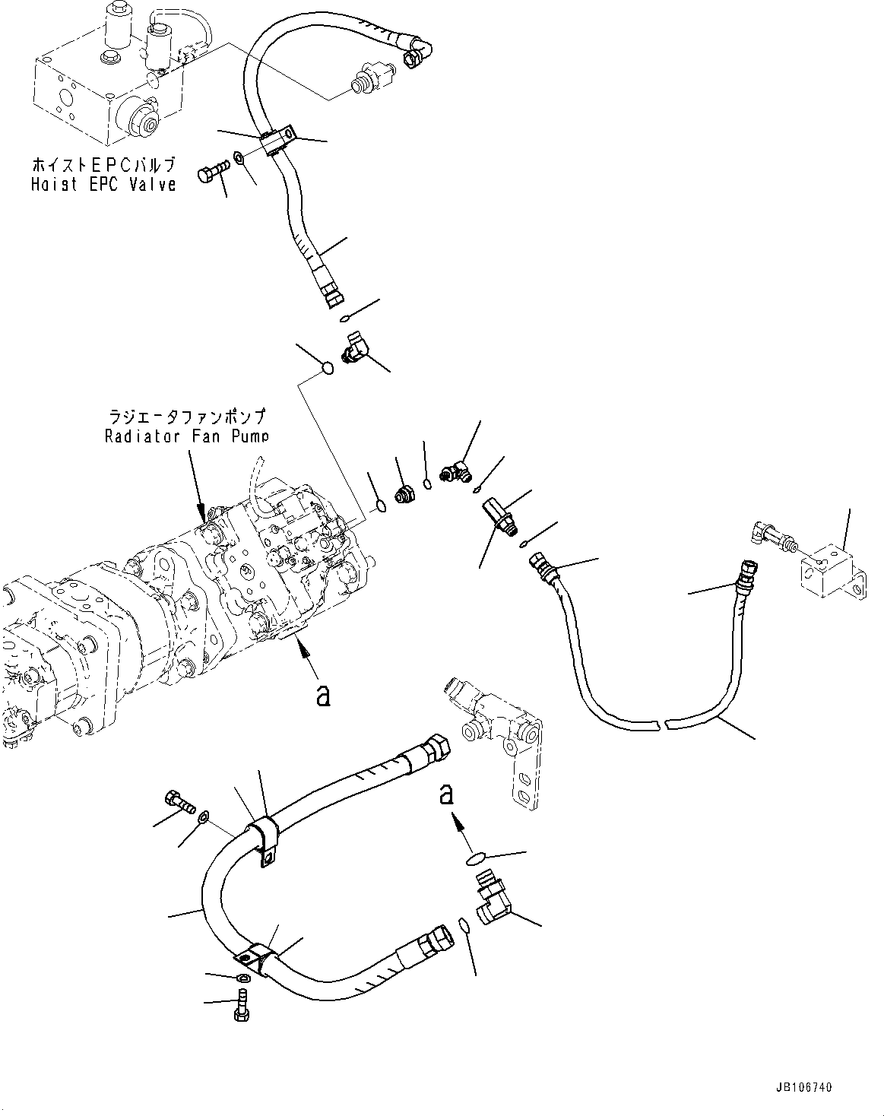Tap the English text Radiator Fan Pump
pos(185,436)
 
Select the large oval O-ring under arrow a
pos(476,858)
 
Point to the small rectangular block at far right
pos(831,568)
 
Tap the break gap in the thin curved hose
pos(661,722)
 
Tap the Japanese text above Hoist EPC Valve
pos(103,165)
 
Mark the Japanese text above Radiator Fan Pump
pos(185,417)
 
